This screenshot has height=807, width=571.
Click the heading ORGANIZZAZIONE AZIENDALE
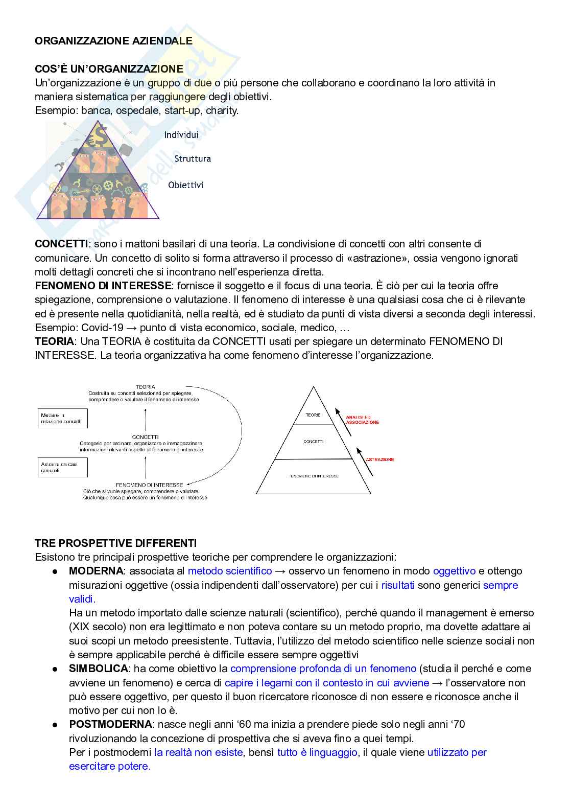tap(113, 41)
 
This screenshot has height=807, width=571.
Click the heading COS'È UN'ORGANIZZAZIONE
tap(109, 69)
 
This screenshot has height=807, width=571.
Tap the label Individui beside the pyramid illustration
tap(181, 135)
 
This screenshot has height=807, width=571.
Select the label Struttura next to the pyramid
tap(193, 159)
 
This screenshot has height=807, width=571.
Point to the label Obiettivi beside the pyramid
tap(186, 185)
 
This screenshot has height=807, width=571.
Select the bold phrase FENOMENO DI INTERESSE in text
tap(103, 286)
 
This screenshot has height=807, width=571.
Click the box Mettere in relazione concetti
tap(62, 419)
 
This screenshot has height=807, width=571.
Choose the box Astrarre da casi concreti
tap(62, 468)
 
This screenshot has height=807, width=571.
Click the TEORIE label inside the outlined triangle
tap(313, 415)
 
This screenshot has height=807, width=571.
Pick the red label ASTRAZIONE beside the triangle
tap(379, 459)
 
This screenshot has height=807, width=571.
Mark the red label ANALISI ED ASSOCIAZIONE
tap(362, 420)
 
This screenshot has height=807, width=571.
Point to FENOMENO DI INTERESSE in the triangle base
tap(313, 476)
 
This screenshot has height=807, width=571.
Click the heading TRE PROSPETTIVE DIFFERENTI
tap(115, 543)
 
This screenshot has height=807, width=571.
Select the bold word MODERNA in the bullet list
tap(96, 571)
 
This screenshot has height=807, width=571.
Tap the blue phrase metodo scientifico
tap(230, 571)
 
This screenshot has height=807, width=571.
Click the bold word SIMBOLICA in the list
tap(98, 669)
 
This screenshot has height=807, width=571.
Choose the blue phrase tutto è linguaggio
tap(317, 752)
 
